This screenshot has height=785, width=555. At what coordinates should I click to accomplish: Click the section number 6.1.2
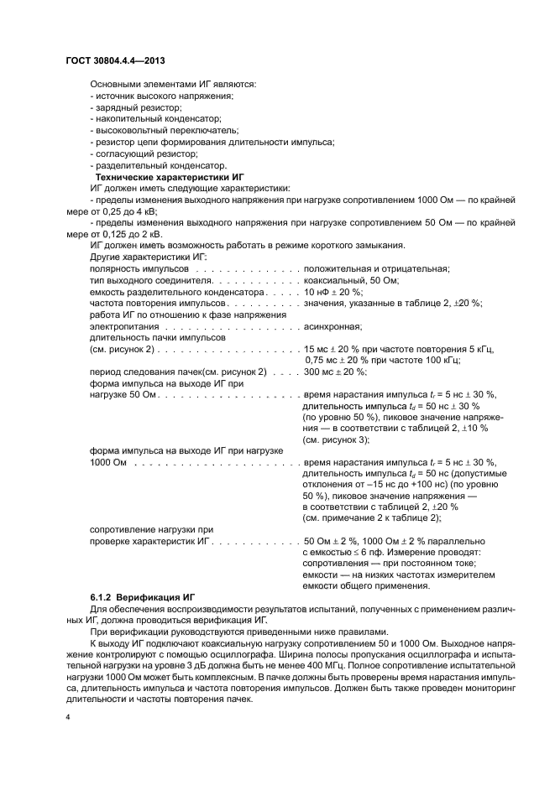[x=103, y=595]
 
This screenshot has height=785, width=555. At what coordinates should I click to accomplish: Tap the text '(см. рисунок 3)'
[x=336, y=440]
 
